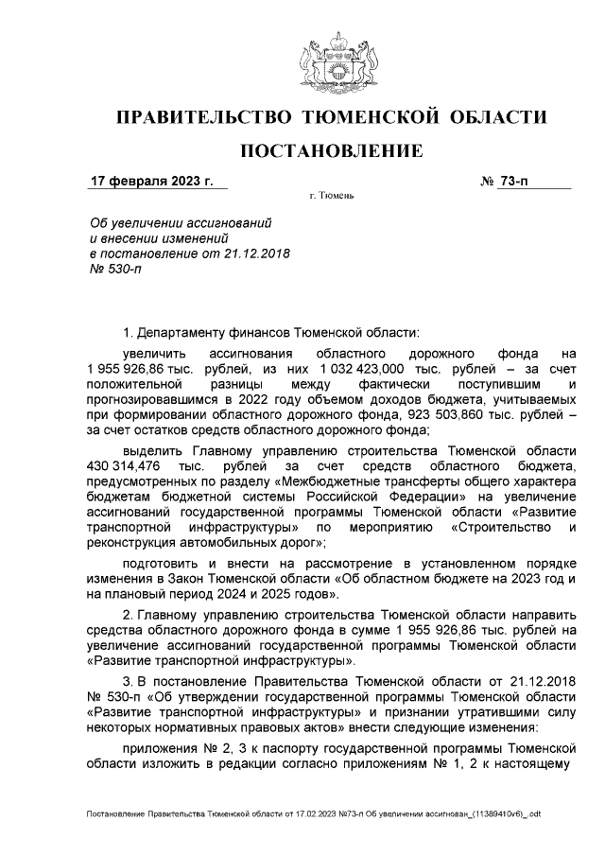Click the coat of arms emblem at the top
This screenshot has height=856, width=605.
tap(330, 62)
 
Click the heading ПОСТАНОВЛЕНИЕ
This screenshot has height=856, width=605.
tap(330, 151)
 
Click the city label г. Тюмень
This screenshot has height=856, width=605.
tap(331, 197)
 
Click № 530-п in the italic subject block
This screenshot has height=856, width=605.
tap(113, 270)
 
